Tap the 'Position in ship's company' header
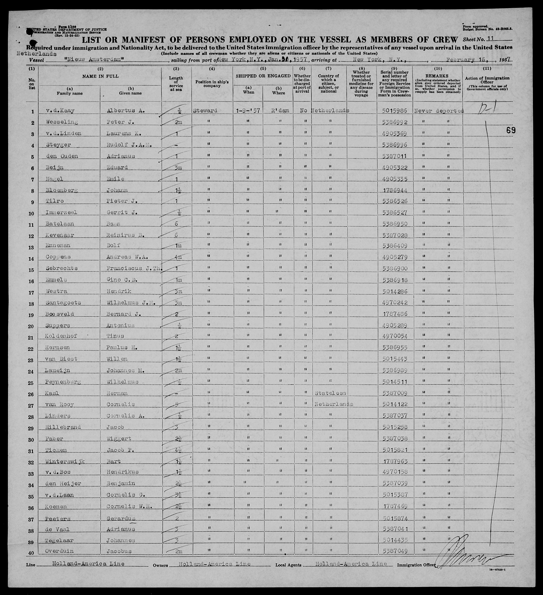[x=212, y=84]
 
